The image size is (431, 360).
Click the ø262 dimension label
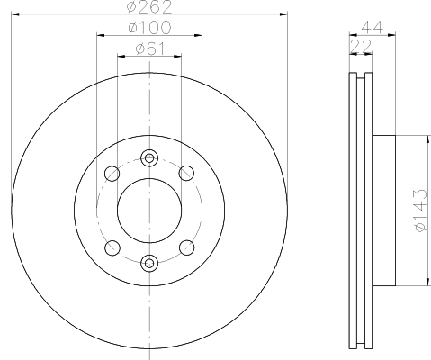[x=149, y=8]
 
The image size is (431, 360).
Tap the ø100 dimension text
[x=149, y=29]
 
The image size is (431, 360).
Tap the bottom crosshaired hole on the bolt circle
[x=149, y=263]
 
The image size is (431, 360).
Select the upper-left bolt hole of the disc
[x=112, y=174]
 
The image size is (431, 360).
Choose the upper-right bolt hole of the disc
[x=186, y=174]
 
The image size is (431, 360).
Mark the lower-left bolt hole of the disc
[x=112, y=247]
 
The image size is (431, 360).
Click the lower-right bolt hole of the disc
[x=186, y=247]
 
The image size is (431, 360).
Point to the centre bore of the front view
[x=149, y=211]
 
